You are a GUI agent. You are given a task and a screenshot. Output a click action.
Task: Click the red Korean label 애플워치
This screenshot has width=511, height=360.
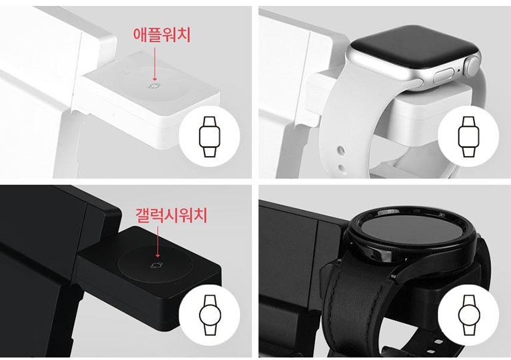pos(162,35)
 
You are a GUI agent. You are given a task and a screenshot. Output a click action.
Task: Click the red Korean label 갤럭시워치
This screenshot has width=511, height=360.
pos(171,215)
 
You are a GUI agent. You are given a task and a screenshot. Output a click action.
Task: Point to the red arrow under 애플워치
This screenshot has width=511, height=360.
pos(155,64)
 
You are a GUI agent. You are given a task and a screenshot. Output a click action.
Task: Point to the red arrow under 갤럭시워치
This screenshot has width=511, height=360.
pos(158,242)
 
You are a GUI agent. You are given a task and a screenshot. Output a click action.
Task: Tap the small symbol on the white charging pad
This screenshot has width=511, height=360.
pos(155,86)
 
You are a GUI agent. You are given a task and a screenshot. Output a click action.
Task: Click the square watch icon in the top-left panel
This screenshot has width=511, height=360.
pos(210,137)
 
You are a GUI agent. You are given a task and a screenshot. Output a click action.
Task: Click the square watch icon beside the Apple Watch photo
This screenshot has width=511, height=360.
pos(468,137)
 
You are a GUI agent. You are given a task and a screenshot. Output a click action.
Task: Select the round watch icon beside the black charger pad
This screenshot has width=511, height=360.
pos(210,315)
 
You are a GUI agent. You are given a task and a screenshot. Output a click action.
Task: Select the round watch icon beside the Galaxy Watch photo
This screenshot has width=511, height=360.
pos(468,315)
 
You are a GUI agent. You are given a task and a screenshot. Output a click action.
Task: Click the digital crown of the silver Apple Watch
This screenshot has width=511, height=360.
pos(472,66)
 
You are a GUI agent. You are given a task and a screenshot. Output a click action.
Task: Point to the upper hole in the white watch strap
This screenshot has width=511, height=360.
pos(341,151)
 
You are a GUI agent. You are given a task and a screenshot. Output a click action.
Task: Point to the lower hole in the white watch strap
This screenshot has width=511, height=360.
pos(342,168)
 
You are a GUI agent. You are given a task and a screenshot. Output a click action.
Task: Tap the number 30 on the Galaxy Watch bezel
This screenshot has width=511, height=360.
pos(442,215)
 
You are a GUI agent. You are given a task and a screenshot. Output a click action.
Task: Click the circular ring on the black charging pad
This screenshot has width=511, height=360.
pos(155,264)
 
